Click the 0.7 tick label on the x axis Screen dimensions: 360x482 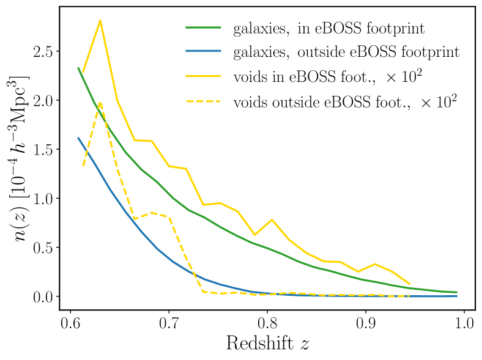pos(169,323)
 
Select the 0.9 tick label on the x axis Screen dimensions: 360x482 pos(366,323)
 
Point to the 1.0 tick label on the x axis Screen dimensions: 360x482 pos(464,323)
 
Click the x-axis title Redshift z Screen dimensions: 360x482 pos(267,343)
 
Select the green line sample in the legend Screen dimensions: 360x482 pos(203,28)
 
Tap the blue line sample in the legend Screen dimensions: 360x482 pos(203,53)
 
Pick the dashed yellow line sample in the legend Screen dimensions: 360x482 pos(203,101)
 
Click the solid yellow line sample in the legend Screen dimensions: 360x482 pos(203,77)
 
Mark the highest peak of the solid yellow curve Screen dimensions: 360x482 pos(100,20)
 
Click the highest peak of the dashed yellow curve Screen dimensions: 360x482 pos(100,103)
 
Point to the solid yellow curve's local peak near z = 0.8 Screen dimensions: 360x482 pos(272,219)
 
